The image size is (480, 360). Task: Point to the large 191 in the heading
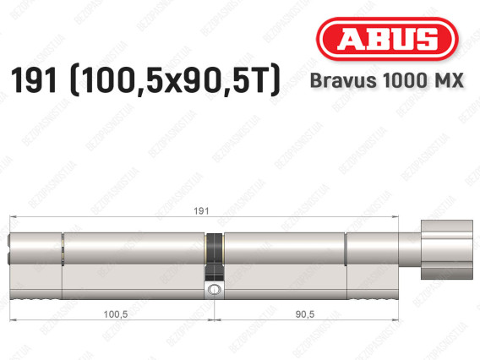coord(35,82)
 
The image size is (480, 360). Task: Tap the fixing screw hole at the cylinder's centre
coord(215,290)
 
